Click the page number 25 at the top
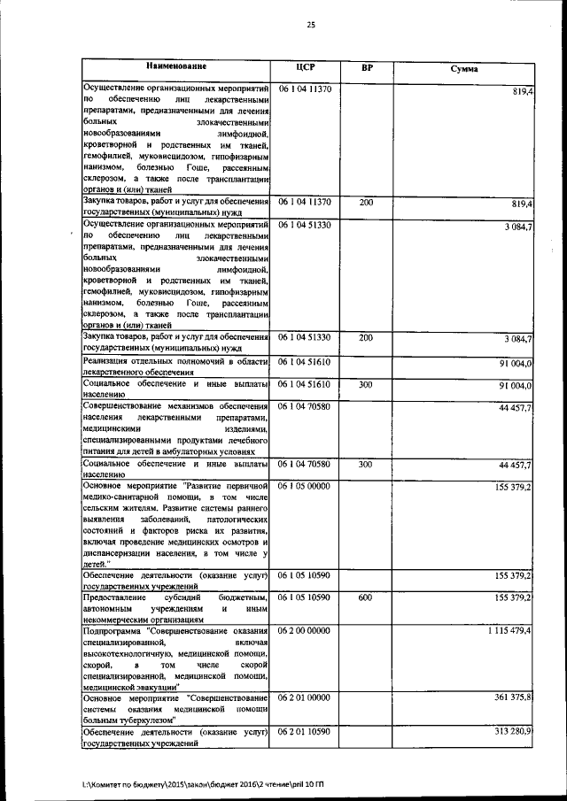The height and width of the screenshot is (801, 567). [x=311, y=25]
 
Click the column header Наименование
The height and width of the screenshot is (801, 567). [x=176, y=67]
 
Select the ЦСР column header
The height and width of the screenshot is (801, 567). [x=306, y=68]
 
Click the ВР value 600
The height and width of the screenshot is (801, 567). [x=365, y=597]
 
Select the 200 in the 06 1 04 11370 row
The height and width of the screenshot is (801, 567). [x=365, y=203]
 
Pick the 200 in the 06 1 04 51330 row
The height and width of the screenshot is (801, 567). [x=365, y=337]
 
